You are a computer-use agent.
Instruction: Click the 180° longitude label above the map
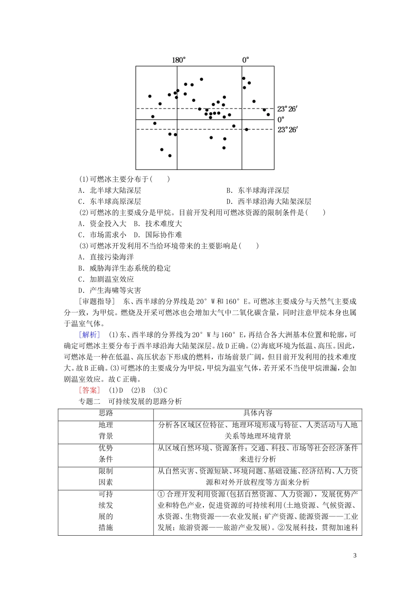pos(179,60)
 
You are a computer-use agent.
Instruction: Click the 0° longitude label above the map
pos(245,60)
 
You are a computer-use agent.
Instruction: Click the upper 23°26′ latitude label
pos(288,109)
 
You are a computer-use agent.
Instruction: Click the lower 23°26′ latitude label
pos(288,129)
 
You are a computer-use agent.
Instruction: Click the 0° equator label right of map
pos(281,119)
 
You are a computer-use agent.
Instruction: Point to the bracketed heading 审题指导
pos(97,301)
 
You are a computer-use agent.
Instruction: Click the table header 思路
pos(106,413)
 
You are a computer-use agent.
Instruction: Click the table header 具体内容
pos(258,413)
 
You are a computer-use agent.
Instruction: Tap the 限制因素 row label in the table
pos(106,476)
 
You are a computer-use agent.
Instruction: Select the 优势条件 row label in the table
pos(106,453)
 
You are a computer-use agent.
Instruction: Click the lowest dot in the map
pos(170,156)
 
